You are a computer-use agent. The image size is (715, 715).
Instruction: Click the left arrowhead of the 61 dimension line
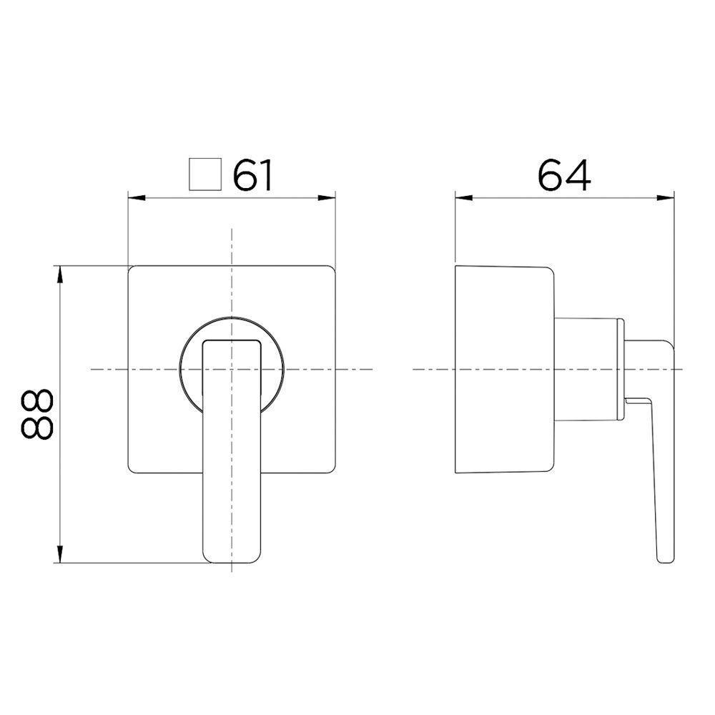[x=132, y=197]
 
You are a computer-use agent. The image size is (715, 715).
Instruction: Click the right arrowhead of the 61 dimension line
[x=331, y=197]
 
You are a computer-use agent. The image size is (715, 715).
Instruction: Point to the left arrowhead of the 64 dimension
[x=460, y=197]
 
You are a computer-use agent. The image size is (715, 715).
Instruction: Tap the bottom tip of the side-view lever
[x=664, y=559]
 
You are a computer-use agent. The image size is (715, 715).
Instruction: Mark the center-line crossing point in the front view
[x=232, y=369]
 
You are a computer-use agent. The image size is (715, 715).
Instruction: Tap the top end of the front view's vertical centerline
[x=232, y=230]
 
